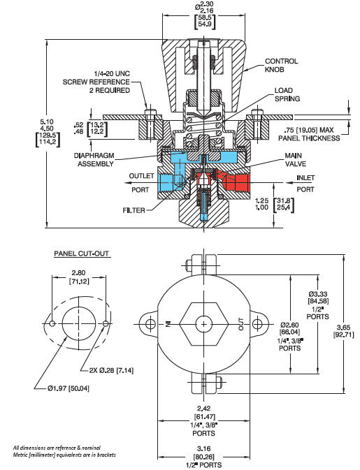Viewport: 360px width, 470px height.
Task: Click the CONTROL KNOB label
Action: coord(281,66)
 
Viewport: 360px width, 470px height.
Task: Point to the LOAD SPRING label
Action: coord(287,94)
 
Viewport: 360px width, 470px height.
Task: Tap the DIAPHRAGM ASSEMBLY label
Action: coord(94,159)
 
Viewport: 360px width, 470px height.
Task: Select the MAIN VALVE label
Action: coord(296,159)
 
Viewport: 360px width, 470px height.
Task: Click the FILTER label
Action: coord(134,210)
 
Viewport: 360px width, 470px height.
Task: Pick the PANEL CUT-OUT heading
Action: coord(81,254)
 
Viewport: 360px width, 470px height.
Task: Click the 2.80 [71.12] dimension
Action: coord(78,277)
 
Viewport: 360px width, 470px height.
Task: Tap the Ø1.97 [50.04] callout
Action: coord(69,388)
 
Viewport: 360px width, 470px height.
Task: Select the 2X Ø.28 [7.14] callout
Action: coord(111,371)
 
